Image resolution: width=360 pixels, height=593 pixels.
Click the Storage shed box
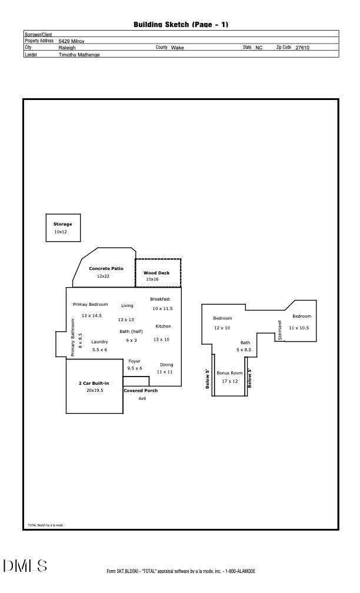(x=62, y=228)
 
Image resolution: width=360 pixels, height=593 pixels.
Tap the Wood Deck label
(x=156, y=273)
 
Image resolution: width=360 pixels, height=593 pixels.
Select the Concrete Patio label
(x=106, y=268)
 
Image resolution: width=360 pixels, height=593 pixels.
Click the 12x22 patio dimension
(x=103, y=276)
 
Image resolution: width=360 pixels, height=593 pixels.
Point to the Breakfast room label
(x=160, y=299)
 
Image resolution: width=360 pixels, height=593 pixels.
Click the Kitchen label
(x=163, y=326)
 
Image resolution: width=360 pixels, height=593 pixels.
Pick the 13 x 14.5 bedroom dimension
(x=91, y=316)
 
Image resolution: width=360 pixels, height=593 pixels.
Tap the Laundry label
(x=99, y=342)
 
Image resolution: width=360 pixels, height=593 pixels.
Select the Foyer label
(x=134, y=361)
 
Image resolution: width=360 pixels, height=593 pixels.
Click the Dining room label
(x=166, y=365)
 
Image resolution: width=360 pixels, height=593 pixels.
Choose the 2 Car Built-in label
(x=94, y=383)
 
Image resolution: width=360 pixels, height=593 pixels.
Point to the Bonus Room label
(x=229, y=373)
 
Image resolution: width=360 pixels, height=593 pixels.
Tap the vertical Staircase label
(x=281, y=330)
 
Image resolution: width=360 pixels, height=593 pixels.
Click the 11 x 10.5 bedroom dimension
(x=299, y=328)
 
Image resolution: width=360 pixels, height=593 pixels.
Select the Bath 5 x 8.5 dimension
(x=244, y=350)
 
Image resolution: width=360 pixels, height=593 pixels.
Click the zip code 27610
(x=302, y=48)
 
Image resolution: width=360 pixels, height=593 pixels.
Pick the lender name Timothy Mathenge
(x=79, y=55)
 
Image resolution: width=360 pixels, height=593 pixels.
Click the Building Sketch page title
(x=181, y=24)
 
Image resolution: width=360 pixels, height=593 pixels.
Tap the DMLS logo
(x=25, y=566)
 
